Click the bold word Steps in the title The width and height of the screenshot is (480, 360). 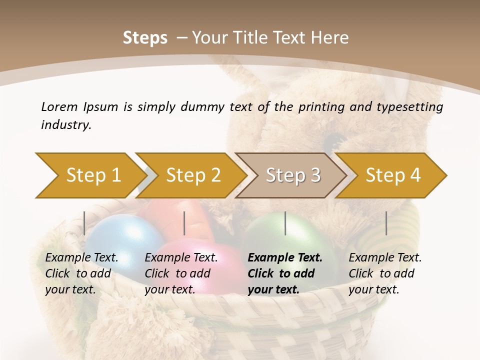coord(145,38)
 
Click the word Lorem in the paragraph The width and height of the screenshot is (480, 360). coord(59,106)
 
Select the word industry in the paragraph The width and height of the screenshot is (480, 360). coord(66,125)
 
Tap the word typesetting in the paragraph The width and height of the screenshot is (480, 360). coord(407,106)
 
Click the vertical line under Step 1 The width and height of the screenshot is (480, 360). coord(84,223)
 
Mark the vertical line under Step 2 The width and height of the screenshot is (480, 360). coord(184,223)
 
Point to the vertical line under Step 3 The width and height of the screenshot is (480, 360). coord(285,223)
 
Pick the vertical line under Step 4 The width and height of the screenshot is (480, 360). coord(386,223)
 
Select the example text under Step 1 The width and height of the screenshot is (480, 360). coord(81,273)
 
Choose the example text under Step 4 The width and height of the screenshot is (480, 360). coord(384,273)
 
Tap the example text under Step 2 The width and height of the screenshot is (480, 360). coord(180,273)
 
